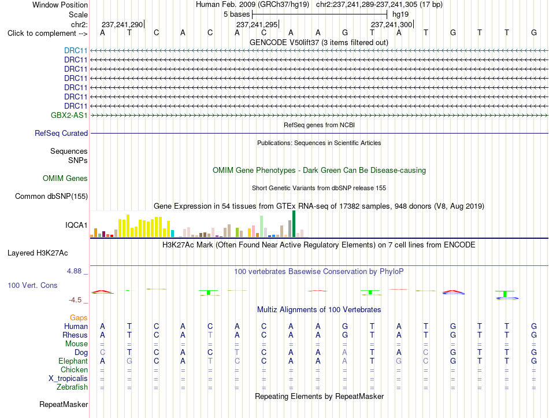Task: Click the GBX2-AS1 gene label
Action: (x=69, y=115)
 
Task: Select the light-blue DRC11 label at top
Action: (x=76, y=50)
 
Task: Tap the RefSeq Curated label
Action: (x=61, y=133)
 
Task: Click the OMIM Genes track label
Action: (x=65, y=178)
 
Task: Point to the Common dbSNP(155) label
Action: (x=51, y=196)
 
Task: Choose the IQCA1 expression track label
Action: (x=76, y=225)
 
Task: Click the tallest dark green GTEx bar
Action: (x=294, y=224)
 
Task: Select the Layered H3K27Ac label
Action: (x=38, y=253)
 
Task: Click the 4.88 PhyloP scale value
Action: (x=74, y=271)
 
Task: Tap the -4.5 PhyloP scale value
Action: (x=75, y=300)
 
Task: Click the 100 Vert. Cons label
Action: (x=32, y=285)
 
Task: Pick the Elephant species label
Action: (x=73, y=361)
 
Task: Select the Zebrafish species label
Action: (x=72, y=387)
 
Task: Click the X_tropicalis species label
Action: (x=68, y=379)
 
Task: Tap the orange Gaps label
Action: (x=79, y=317)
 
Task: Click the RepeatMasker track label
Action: (x=64, y=404)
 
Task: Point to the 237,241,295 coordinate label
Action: (x=257, y=24)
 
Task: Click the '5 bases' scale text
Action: (x=237, y=14)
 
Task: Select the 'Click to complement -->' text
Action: (x=47, y=34)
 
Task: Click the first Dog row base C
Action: (x=103, y=352)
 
